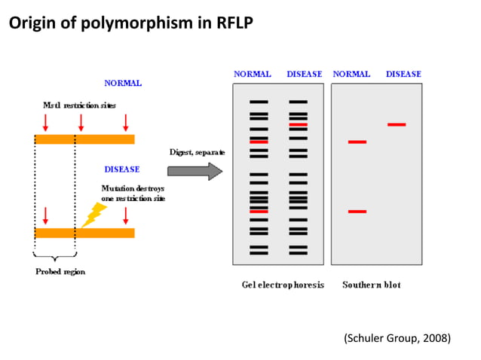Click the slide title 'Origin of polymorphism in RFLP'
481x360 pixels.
130,23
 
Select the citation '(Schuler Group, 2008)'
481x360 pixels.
397,338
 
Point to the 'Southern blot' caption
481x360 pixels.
372,285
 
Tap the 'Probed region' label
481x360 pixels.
60,271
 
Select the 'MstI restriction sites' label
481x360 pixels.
79,105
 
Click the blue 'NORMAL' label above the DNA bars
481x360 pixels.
122,83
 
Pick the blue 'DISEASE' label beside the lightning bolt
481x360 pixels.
121,169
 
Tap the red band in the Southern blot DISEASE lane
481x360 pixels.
397,124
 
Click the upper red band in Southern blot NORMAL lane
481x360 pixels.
357,142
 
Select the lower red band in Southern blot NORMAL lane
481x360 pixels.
357,212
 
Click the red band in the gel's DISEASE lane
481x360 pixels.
298,124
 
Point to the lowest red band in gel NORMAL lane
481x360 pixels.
259,212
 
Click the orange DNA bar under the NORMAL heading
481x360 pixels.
84,139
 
